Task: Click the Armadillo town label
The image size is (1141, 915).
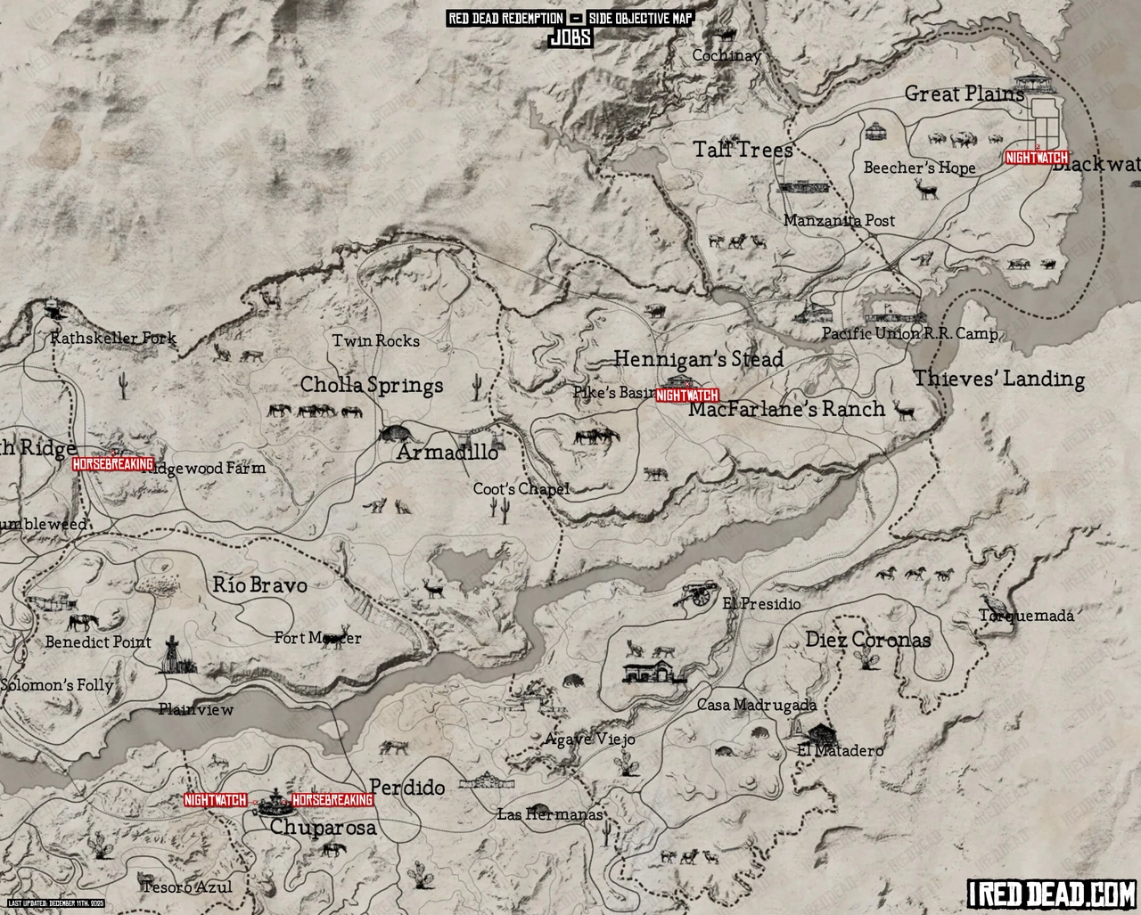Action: click(x=447, y=452)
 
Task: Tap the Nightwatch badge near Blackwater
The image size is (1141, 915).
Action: click(x=1036, y=158)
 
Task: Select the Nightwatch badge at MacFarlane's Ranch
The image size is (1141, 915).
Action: click(x=687, y=396)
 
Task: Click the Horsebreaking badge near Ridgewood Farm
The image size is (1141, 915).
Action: click(x=112, y=464)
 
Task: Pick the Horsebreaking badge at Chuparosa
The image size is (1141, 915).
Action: click(x=332, y=800)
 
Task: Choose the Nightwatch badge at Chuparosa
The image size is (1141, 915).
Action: click(x=215, y=800)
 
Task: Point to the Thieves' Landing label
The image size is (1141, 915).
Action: click(x=998, y=379)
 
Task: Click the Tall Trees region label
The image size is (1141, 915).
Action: click(x=743, y=150)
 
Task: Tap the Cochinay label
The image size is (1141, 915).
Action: click(x=727, y=55)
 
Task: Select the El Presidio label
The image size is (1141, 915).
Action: click(x=761, y=604)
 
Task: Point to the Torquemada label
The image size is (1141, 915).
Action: click(x=1027, y=616)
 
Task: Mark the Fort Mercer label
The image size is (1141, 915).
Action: click(x=317, y=638)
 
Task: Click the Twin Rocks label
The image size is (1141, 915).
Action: click(x=375, y=340)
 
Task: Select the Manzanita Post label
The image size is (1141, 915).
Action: click(x=839, y=220)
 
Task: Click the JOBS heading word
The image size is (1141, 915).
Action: click(x=570, y=37)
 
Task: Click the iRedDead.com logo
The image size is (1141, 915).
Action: click(x=1051, y=892)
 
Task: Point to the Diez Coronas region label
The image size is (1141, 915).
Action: click(x=867, y=640)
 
